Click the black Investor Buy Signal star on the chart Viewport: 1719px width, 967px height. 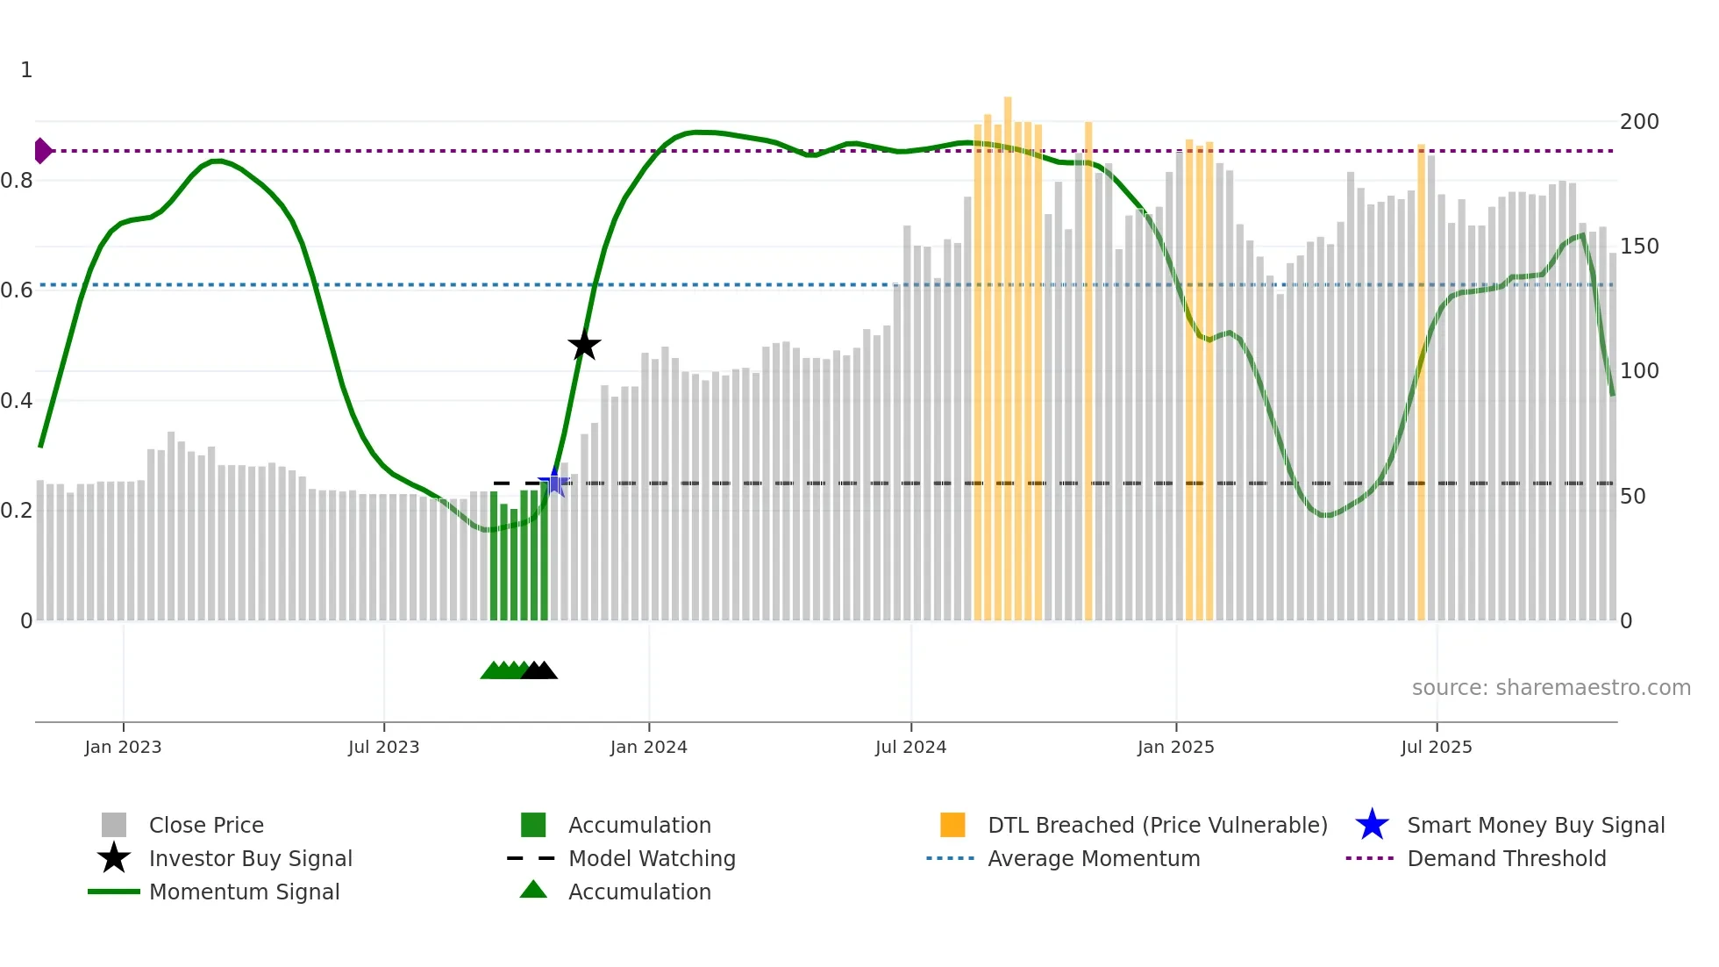[584, 345]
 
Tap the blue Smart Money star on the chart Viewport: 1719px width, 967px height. [554, 482]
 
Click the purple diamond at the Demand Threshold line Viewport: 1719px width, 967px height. [42, 151]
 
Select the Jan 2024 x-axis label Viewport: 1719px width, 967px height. [648, 747]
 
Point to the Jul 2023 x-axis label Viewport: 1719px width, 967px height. [383, 747]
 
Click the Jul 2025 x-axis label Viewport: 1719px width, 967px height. [1436, 747]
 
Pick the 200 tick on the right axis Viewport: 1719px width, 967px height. [1638, 122]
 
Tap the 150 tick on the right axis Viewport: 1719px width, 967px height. [1638, 247]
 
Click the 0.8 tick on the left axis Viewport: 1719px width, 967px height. [18, 181]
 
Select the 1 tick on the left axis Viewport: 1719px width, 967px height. [26, 70]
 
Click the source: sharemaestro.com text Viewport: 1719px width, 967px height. [1551, 688]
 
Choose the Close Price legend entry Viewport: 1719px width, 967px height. [206, 826]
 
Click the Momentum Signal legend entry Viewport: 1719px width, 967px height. [244, 892]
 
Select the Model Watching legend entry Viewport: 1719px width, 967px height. [652, 859]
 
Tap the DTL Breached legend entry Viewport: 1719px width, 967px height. [1157, 826]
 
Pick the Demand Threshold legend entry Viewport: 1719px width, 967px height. [1506, 859]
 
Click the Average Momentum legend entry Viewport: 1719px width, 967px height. [1093, 859]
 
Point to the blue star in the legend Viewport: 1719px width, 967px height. [1372, 825]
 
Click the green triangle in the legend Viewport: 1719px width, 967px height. [533, 890]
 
